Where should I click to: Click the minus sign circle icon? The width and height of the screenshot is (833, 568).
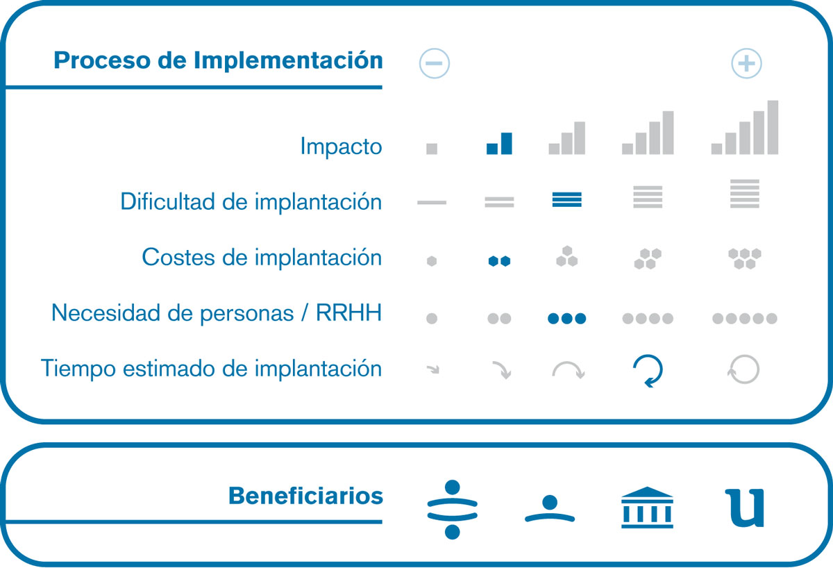pos(434,63)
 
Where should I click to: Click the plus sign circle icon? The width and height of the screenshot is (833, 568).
pos(746,63)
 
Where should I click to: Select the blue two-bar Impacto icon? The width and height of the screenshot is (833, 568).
pos(499,143)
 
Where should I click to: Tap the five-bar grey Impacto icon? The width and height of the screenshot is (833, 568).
pos(744,127)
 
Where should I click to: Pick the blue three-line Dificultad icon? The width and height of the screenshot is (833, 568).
pos(566,199)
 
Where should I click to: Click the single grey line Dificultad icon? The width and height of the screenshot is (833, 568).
pos(431,202)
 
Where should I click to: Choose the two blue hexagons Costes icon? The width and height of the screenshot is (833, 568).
pos(499,261)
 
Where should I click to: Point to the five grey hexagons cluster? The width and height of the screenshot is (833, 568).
pos(744,258)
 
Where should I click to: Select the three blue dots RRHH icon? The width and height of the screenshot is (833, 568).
pos(566,319)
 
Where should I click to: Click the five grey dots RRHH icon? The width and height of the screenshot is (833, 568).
pos(744,319)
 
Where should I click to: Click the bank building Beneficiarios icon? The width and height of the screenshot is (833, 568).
pos(647,508)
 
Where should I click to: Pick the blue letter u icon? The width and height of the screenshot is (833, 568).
pos(744,508)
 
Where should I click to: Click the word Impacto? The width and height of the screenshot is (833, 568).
pos(341,147)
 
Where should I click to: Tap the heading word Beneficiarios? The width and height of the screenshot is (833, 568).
pos(305,496)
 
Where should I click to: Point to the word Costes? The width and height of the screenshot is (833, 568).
pos(178,257)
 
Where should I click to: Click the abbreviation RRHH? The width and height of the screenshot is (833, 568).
pos(348,312)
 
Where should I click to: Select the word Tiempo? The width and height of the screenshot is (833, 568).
pos(78,368)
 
